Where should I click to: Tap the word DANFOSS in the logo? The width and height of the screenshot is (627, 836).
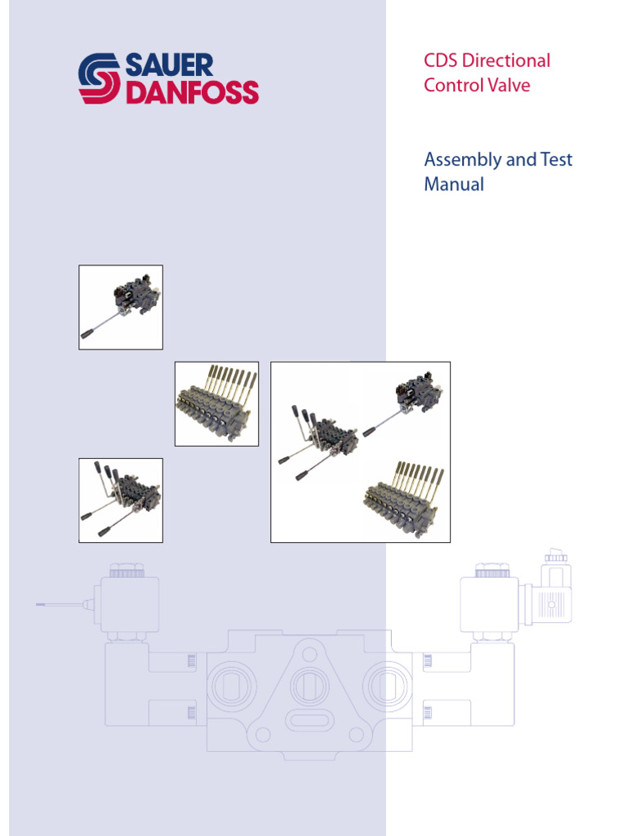coord(193,91)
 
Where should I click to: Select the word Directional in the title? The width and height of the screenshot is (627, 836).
coord(510,60)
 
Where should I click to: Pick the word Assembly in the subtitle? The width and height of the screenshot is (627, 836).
coord(462,160)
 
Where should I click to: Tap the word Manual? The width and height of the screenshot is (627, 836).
coord(454,185)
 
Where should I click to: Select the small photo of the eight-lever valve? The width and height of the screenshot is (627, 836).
coord(216,403)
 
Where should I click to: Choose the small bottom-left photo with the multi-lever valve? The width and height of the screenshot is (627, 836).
coord(121,500)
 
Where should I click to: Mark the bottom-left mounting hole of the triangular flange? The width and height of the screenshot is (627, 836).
coord(263,734)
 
